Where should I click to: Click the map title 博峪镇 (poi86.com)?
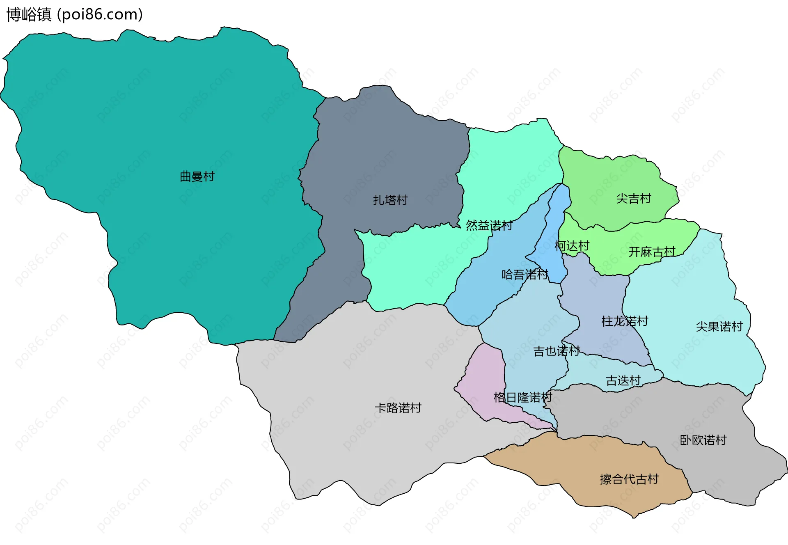click(74, 14)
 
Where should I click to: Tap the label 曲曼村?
click(197, 176)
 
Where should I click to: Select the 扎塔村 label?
click(390, 200)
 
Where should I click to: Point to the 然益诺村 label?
click(489, 225)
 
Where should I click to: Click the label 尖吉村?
click(633, 199)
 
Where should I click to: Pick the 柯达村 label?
click(572, 246)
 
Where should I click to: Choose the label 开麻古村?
click(652, 252)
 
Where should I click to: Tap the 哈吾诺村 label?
click(525, 274)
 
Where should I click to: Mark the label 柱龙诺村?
click(624, 321)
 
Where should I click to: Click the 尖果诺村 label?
click(719, 326)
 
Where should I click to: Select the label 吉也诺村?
click(556, 351)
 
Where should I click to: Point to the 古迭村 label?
click(623, 380)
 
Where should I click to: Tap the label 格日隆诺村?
click(522, 397)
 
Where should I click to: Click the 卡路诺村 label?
click(398, 408)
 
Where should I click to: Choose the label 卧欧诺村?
click(703, 440)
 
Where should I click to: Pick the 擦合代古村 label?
click(629, 479)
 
